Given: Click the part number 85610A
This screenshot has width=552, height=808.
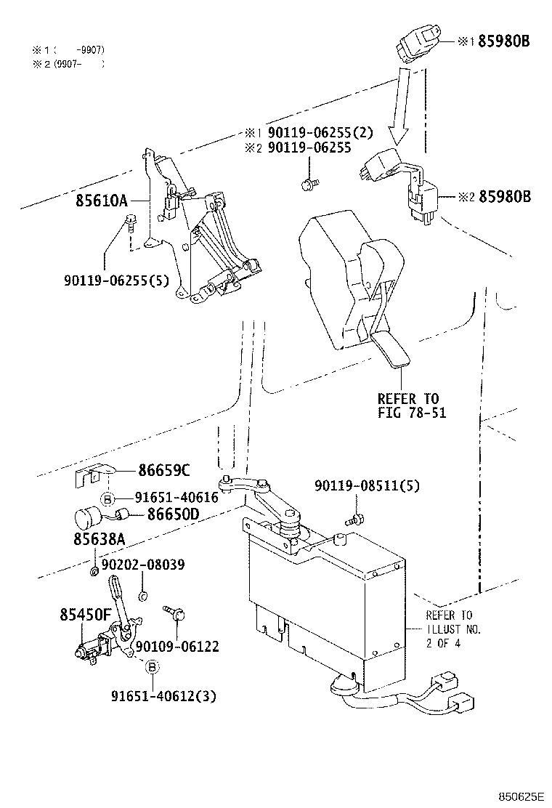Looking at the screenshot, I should point(101,201).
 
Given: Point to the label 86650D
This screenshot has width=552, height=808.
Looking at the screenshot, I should point(173,514).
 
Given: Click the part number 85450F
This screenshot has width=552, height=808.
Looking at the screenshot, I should point(85,615).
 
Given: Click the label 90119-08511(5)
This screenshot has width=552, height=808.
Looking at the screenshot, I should point(367,485).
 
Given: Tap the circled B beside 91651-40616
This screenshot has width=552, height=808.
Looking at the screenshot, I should point(107,498).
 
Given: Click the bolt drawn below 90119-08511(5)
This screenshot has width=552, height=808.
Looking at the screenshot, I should point(355,520).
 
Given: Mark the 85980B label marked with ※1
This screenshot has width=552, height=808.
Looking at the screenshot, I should point(503,41).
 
